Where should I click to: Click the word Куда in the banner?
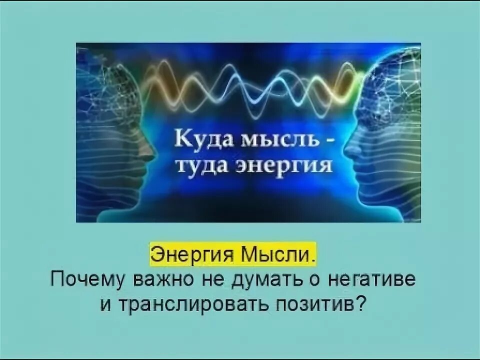196,141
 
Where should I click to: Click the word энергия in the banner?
283,165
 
